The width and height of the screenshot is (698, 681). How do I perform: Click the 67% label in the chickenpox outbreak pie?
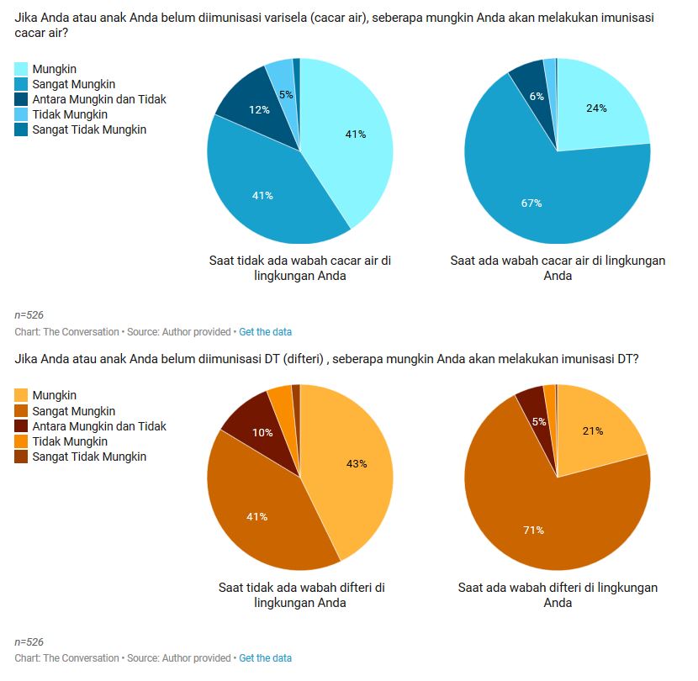(531, 203)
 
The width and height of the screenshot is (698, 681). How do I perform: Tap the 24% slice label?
(596, 108)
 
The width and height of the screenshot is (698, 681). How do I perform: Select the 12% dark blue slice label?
(259, 110)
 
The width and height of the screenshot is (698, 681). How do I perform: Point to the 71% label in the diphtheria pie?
(533, 531)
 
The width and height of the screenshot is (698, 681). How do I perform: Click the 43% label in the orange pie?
(357, 463)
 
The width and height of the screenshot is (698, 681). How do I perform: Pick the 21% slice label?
(592, 431)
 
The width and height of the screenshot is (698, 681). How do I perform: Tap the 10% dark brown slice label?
(262, 432)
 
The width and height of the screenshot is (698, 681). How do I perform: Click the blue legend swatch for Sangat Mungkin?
(22, 84)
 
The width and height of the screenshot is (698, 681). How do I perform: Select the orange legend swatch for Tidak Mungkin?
(22, 441)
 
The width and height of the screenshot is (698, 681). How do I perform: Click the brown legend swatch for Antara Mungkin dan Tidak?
(22, 426)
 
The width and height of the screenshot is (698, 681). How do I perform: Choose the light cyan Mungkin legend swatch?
(22, 69)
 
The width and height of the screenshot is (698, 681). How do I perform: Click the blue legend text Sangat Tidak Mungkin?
(89, 129)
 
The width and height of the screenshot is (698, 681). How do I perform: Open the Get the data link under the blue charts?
(265, 332)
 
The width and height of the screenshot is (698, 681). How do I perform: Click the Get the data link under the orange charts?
(265, 658)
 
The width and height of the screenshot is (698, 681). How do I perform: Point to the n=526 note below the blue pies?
(29, 314)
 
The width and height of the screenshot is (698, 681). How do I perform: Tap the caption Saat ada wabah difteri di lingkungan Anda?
(558, 595)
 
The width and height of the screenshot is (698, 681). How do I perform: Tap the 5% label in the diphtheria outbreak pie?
(540, 421)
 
